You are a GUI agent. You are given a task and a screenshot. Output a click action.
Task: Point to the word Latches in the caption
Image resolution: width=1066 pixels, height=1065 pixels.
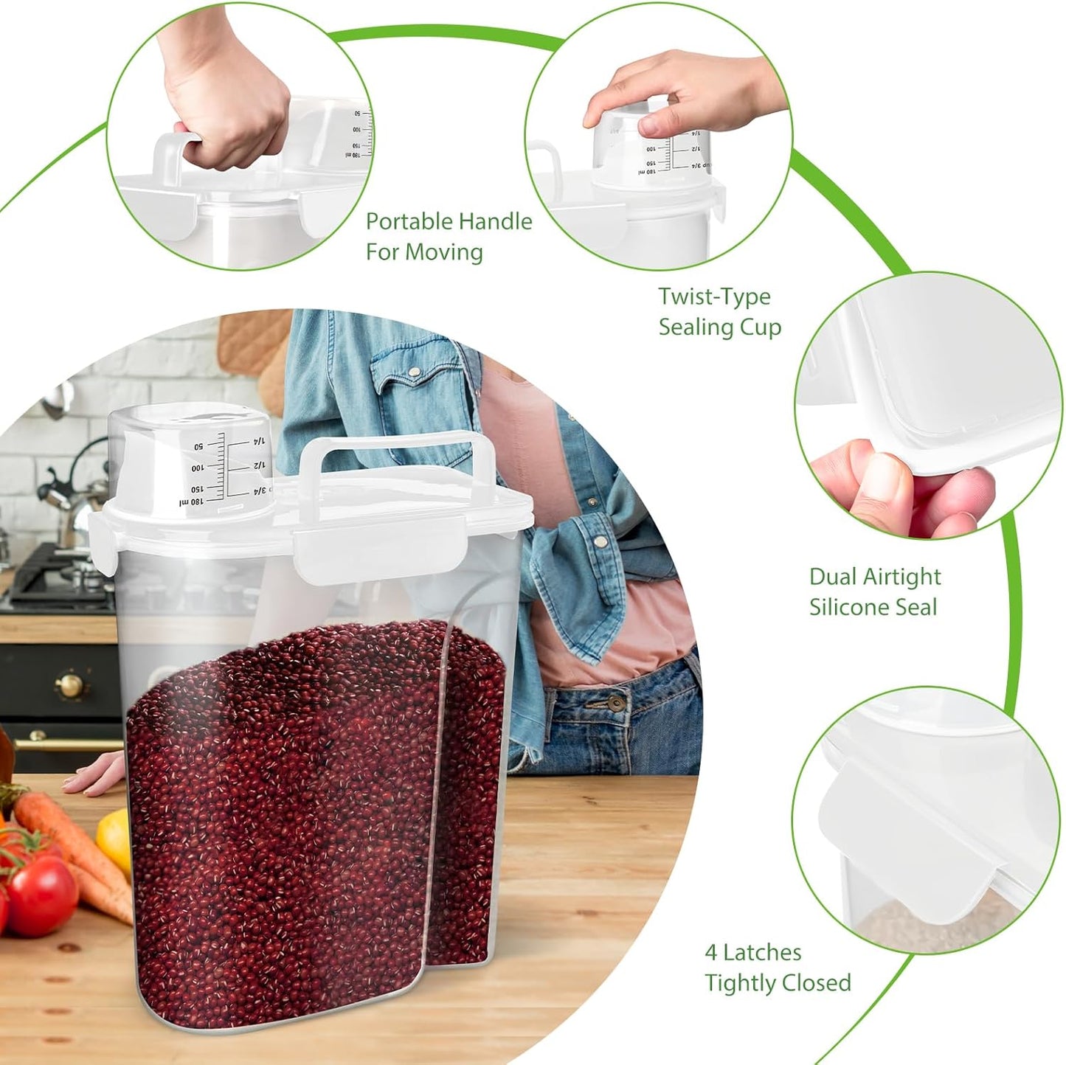coord(762,953)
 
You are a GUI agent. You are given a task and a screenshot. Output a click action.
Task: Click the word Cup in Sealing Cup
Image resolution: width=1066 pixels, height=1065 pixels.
coord(761,327)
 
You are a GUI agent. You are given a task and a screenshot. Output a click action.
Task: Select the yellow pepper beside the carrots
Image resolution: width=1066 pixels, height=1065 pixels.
coord(114,841)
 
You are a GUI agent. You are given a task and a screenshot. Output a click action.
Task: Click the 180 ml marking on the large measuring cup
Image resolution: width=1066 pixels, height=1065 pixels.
coord(192,502)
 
